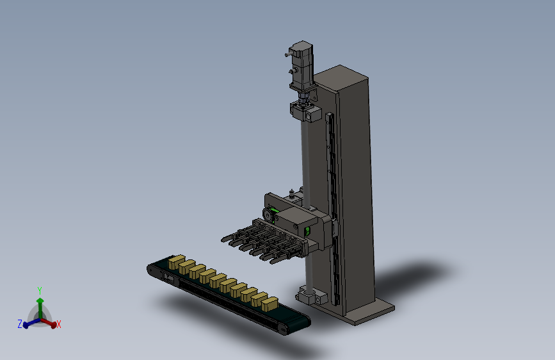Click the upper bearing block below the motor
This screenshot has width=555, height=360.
click(x=306, y=111)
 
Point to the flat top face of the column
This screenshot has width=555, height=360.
click(x=341, y=75)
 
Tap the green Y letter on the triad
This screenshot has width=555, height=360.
click(x=40, y=291)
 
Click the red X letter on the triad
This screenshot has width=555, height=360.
click(x=59, y=324)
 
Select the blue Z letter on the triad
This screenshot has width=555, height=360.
click(x=20, y=323)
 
